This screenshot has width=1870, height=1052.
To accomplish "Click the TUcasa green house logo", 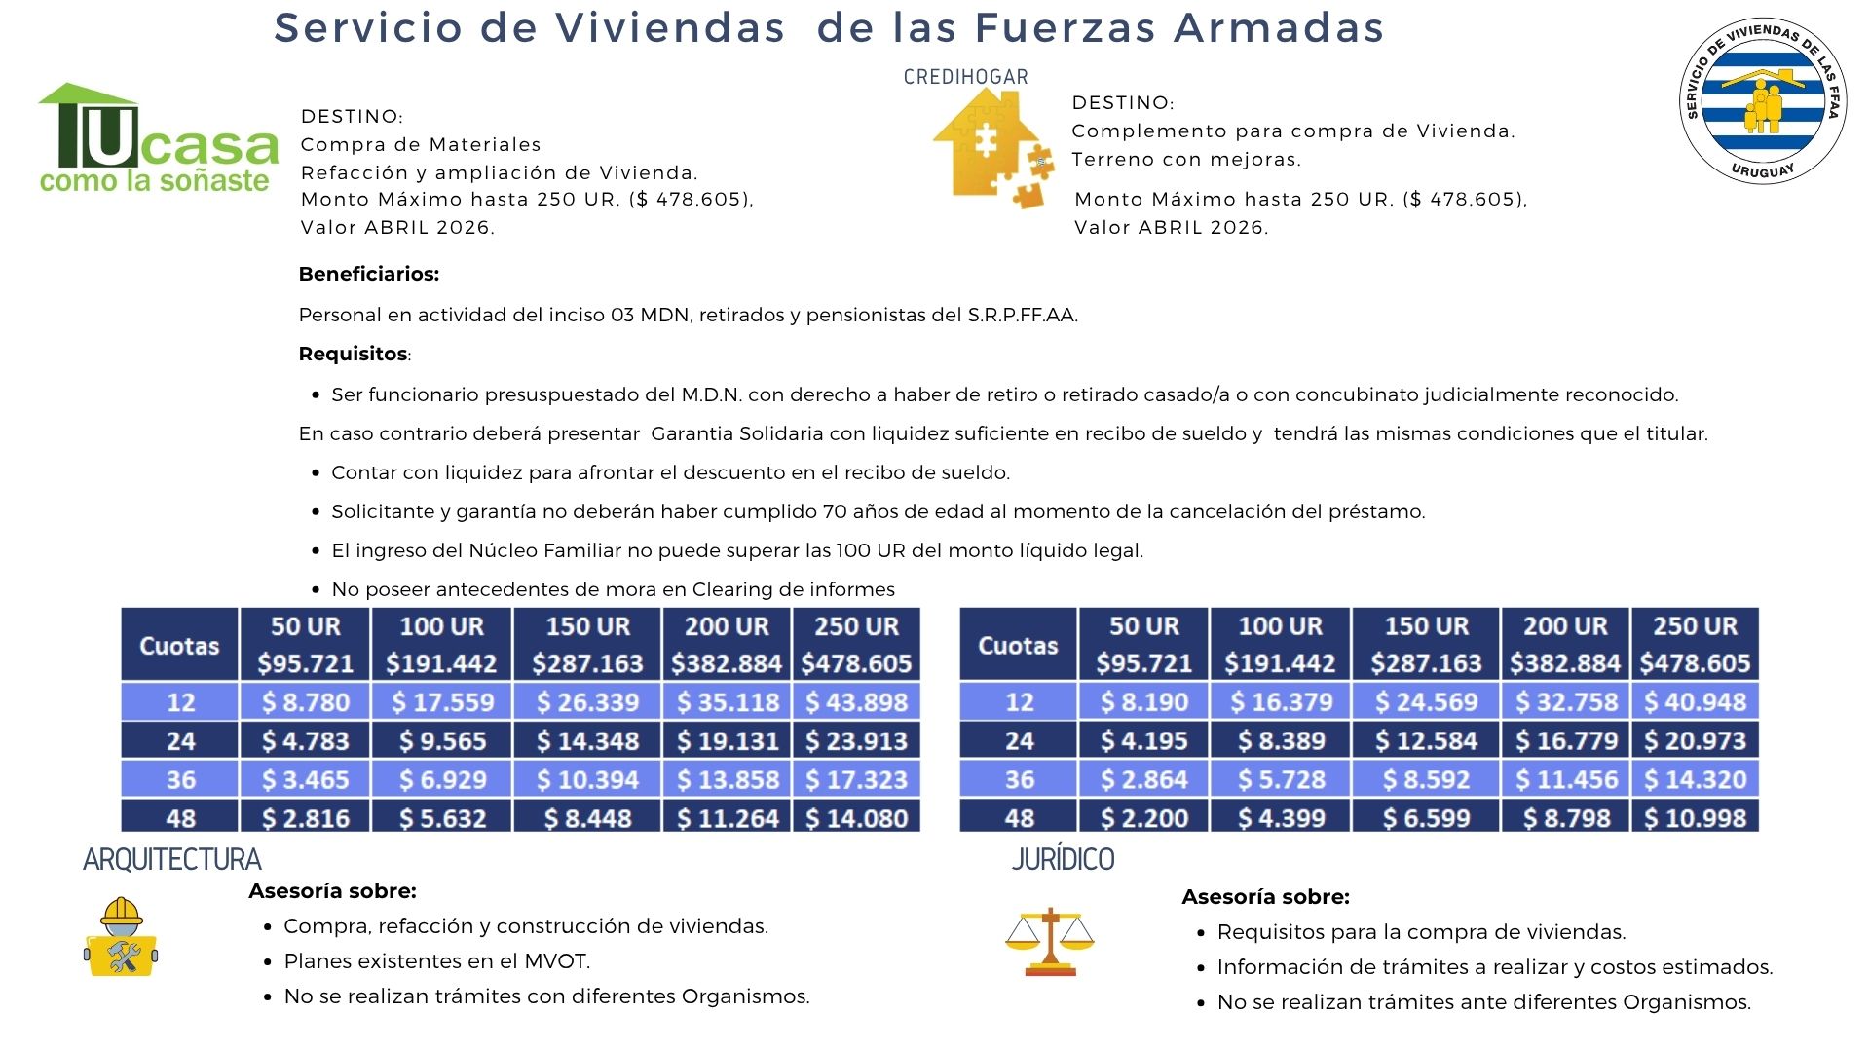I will point(156,138).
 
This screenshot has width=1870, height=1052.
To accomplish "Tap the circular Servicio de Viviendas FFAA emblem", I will point(1762,100).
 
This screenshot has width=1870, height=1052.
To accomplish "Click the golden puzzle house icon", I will point(992,147).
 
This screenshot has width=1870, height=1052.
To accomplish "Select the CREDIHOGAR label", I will point(965,77).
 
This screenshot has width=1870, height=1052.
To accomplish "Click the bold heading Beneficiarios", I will point(368,274).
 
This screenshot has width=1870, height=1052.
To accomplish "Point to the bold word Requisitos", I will point(353,354).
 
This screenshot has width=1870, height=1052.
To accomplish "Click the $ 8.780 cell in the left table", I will point(305,702).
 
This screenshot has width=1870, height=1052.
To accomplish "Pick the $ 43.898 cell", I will point(856,702).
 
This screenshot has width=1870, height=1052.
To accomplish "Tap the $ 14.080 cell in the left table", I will point(856,818).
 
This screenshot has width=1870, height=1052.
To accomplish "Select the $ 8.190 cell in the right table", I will point(1143,702).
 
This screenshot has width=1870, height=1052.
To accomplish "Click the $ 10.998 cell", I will point(1695,818).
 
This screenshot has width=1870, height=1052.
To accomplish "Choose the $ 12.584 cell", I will point(1426,741).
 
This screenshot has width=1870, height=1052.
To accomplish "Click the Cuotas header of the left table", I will point(179,645).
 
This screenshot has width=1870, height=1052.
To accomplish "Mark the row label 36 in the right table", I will point(1019,780).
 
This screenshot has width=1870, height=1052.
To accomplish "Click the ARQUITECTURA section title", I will point(172,859).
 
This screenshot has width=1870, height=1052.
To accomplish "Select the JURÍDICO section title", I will point(1063,859).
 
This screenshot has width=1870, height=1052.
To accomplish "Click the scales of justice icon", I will point(1049,942).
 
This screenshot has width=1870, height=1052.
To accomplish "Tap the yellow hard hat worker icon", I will point(121,937).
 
